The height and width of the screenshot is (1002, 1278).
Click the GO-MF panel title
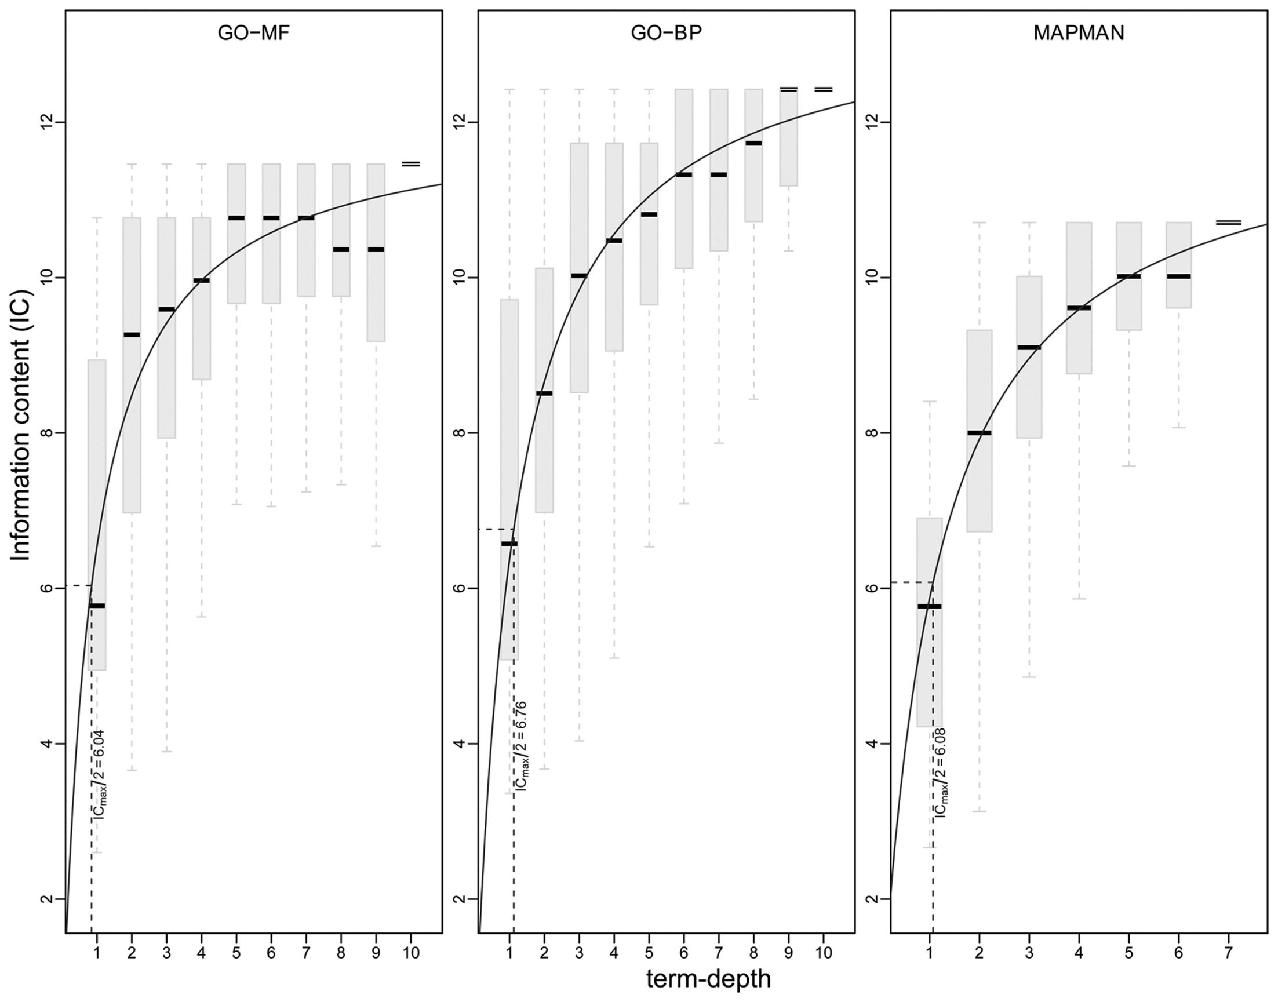253,34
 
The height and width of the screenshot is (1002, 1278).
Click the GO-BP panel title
666,34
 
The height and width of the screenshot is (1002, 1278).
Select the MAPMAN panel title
1079,34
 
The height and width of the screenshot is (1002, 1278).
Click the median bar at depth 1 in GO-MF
96,606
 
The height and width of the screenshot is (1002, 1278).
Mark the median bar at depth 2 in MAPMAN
980,433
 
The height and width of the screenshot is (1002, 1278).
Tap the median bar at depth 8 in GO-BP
754,143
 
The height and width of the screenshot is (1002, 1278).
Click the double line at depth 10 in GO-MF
411,164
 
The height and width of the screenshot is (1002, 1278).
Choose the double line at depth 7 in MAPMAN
1229,223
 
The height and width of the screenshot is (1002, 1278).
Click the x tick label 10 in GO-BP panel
824,953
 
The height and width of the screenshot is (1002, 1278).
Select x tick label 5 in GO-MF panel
236,953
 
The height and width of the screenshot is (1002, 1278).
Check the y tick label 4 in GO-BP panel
461,744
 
